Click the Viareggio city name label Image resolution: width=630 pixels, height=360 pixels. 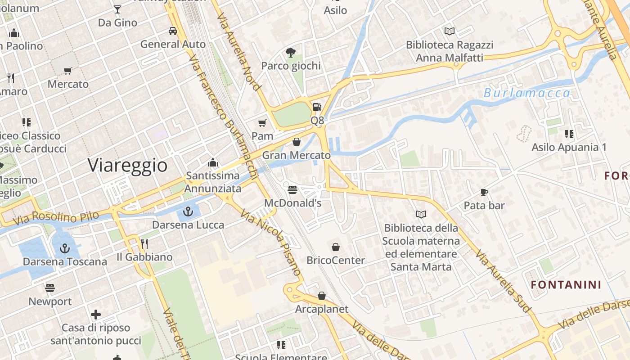(127, 165)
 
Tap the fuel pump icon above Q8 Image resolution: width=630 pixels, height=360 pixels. (317, 107)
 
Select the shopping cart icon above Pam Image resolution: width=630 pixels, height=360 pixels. (262, 123)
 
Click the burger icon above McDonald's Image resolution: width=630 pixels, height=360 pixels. (292, 190)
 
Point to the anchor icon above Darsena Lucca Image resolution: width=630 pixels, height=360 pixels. (188, 211)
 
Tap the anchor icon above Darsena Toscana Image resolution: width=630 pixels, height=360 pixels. (65, 248)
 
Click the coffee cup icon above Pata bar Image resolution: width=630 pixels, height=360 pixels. (484, 192)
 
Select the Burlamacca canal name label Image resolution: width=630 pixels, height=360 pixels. (527, 93)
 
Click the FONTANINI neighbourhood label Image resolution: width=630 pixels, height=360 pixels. (566, 285)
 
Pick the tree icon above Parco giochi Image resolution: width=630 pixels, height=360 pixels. (291, 53)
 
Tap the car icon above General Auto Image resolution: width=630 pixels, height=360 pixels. (172, 31)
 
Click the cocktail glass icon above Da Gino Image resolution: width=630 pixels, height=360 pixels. (117, 9)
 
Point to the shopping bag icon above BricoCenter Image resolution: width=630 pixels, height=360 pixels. (336, 247)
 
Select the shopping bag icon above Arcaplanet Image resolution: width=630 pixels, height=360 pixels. (322, 296)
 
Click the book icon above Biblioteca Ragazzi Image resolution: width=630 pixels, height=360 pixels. (449, 31)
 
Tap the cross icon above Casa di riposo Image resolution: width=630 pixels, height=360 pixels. (96, 315)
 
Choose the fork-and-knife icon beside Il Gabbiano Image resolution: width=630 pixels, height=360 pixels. (144, 244)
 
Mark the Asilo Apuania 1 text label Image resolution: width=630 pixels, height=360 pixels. (569, 147)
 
